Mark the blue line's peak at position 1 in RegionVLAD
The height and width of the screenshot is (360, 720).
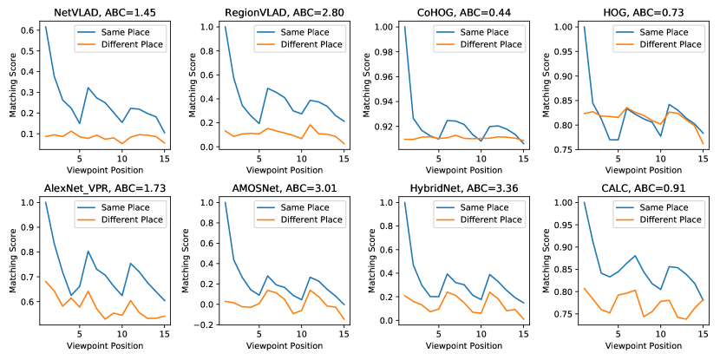tap(225, 27)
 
